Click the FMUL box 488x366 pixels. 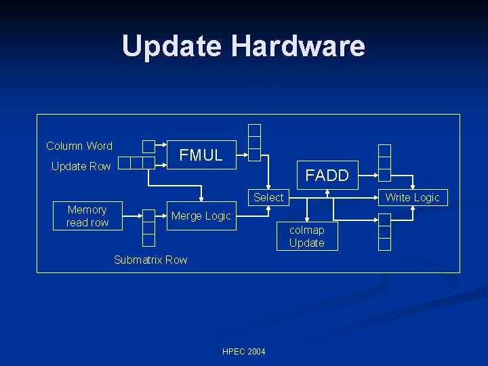tap(201, 155)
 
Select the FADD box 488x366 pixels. tap(327, 176)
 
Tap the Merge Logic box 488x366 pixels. tap(201, 216)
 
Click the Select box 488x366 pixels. tap(268, 197)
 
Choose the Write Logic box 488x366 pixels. tap(412, 197)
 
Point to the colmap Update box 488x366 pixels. tap(306, 237)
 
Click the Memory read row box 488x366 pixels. tap(87, 216)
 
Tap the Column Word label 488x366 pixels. tap(79, 146)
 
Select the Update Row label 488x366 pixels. tap(81, 166)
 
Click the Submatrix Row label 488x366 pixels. tap(150, 260)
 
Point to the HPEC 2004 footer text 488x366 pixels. tap(244, 351)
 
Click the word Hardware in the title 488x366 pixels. tap(298, 46)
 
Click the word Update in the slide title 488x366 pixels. tap(173, 46)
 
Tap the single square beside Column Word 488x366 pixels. tap(148, 146)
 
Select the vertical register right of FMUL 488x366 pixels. tap(254, 142)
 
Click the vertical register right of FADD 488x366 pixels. tap(384, 163)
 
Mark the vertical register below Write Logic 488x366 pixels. tap(384, 232)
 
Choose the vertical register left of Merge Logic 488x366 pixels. tap(148, 228)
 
